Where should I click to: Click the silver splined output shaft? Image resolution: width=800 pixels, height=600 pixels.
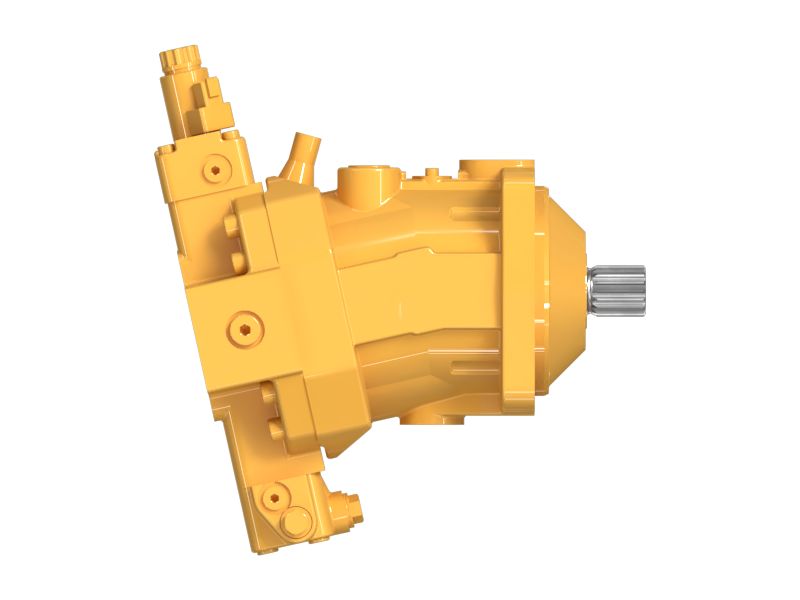[x=618, y=289]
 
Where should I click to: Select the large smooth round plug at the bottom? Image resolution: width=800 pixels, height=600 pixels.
[x=295, y=521]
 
